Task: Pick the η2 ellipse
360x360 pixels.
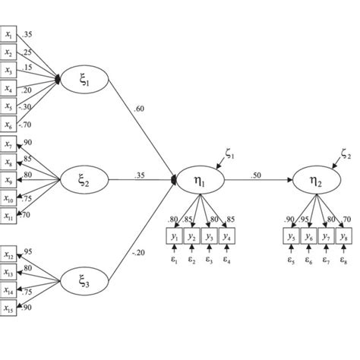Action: click(x=314, y=182)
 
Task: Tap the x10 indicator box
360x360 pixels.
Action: click(x=8, y=199)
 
